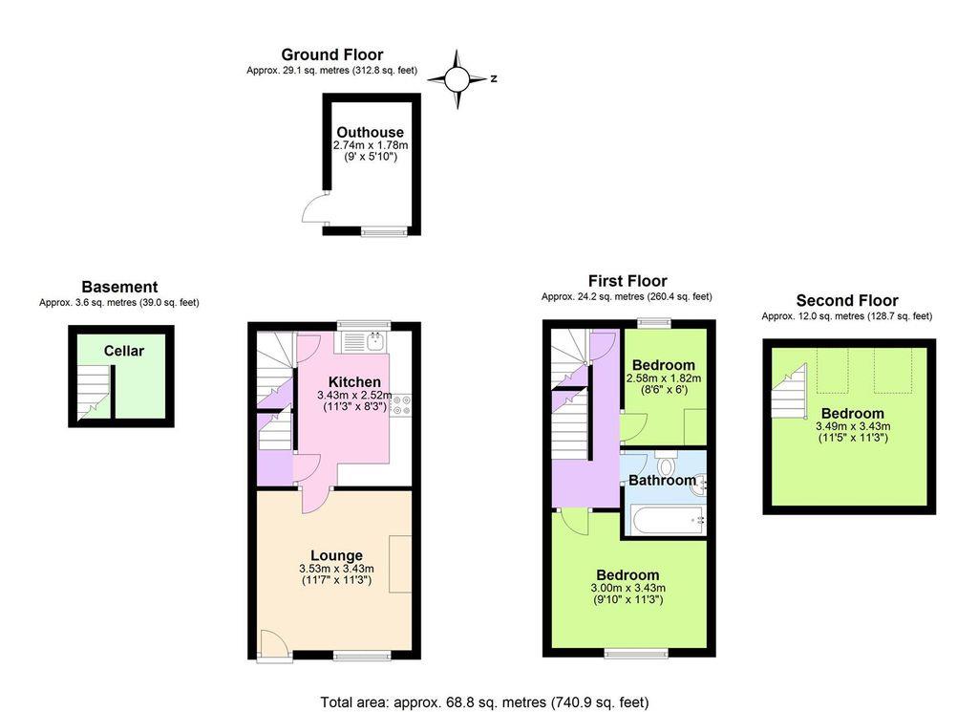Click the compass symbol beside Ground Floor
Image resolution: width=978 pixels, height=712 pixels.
[457, 78]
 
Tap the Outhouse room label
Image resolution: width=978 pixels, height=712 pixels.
[370, 132]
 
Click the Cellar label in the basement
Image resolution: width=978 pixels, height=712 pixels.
[124, 351]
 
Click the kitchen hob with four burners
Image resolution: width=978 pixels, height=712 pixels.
[400, 405]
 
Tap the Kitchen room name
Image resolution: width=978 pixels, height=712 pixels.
[354, 381]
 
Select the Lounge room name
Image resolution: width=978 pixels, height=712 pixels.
[336, 555]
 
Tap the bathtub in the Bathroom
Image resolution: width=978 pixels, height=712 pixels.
[666, 521]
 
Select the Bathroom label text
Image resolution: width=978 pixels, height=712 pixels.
[662, 481]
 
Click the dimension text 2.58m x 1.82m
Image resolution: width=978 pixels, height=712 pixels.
[663, 378]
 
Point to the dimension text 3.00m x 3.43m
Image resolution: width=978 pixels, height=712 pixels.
[628, 588]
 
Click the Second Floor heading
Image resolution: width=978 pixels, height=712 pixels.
[847, 301]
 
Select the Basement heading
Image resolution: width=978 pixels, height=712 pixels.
[119, 287]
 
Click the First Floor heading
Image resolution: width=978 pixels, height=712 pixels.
[627, 281]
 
